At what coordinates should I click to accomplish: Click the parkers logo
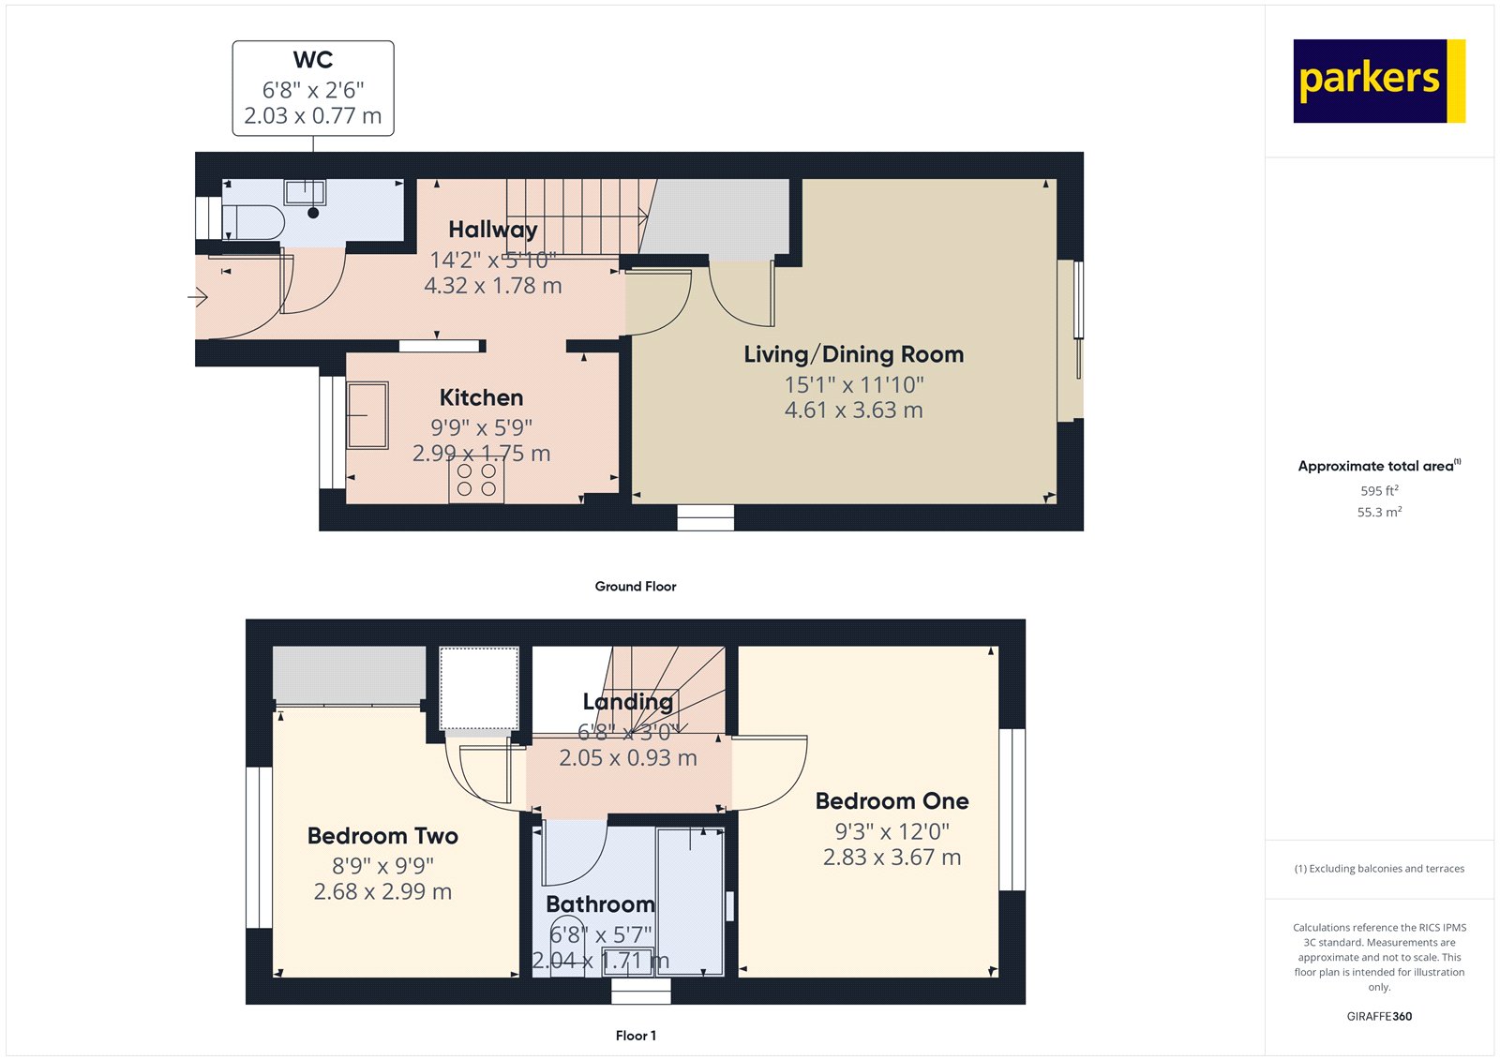pyautogui.click(x=1378, y=81)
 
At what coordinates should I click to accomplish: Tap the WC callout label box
pyautogui.click(x=313, y=88)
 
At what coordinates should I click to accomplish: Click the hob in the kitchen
pyautogui.click(x=476, y=480)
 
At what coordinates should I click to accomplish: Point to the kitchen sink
pyautogui.click(x=367, y=414)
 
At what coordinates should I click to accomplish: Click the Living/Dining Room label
pyautogui.click(x=853, y=354)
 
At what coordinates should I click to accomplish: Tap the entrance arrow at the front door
pyautogui.click(x=198, y=298)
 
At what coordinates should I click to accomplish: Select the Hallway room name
pyautogui.click(x=492, y=230)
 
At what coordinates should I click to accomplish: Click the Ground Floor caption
pyautogui.click(x=635, y=586)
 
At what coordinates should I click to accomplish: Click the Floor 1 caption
pyautogui.click(x=635, y=1036)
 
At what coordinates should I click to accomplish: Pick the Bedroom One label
pyautogui.click(x=892, y=801)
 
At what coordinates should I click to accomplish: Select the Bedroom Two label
pyautogui.click(x=382, y=836)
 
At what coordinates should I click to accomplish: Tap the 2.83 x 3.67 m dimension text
pyautogui.click(x=892, y=858)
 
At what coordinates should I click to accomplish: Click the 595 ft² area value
pyautogui.click(x=1379, y=490)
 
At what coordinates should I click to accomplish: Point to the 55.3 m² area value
pyautogui.click(x=1379, y=512)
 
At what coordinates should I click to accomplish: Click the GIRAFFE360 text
pyautogui.click(x=1379, y=1016)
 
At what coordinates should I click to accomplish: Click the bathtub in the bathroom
pyautogui.click(x=690, y=900)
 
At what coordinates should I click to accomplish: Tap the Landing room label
pyautogui.click(x=627, y=701)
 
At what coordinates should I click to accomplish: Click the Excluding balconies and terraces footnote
pyautogui.click(x=1379, y=869)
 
